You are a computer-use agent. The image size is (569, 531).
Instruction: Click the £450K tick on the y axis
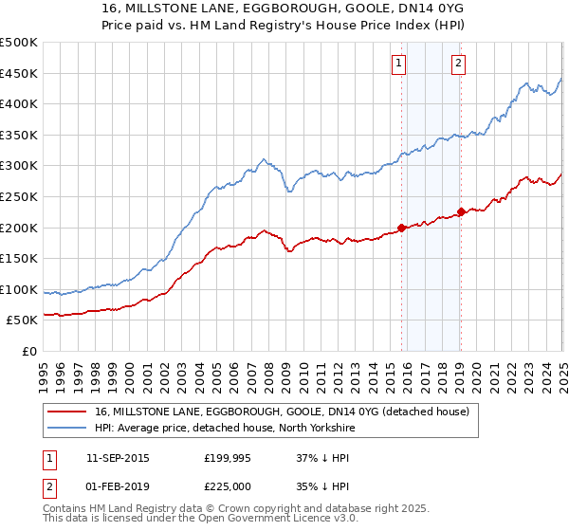click(19, 73)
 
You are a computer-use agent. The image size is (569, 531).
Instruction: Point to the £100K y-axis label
click(19, 289)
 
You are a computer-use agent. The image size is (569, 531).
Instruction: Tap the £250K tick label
click(19, 196)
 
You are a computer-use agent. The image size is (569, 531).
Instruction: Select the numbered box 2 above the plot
click(458, 64)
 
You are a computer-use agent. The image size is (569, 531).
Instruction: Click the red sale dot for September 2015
click(401, 228)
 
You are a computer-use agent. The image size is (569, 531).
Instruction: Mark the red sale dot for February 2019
click(461, 211)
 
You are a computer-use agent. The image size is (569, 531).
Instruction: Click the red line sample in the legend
click(68, 412)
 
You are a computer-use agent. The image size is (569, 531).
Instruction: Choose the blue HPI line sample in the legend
click(68, 428)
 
